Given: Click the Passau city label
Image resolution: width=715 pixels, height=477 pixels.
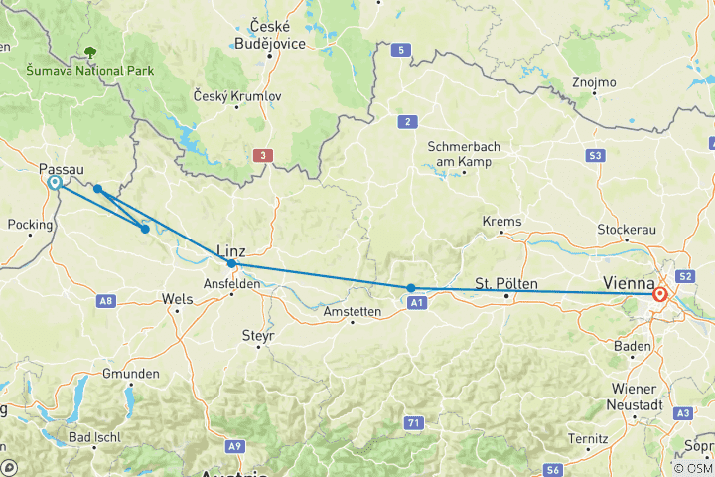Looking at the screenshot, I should click(x=61, y=169).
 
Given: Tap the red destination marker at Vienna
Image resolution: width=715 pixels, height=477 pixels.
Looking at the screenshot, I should click(x=660, y=294).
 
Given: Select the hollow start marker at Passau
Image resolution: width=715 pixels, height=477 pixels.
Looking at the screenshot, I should click(x=54, y=183).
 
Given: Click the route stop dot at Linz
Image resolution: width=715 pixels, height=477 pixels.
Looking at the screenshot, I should click(x=231, y=263).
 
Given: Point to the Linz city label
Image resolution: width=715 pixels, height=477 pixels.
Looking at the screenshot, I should click(x=230, y=251).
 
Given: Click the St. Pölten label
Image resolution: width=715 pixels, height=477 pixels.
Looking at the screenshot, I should click(x=506, y=284).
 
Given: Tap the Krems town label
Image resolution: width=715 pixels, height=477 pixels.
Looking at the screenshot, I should click(x=500, y=220).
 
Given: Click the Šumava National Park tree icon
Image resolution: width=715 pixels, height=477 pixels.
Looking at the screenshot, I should click(x=91, y=52).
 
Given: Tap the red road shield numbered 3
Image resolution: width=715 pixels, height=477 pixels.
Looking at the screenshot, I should click(x=261, y=155).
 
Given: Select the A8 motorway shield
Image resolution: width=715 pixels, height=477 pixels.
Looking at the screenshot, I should click(x=106, y=300).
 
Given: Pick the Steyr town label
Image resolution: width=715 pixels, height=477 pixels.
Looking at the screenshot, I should click(x=257, y=335).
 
